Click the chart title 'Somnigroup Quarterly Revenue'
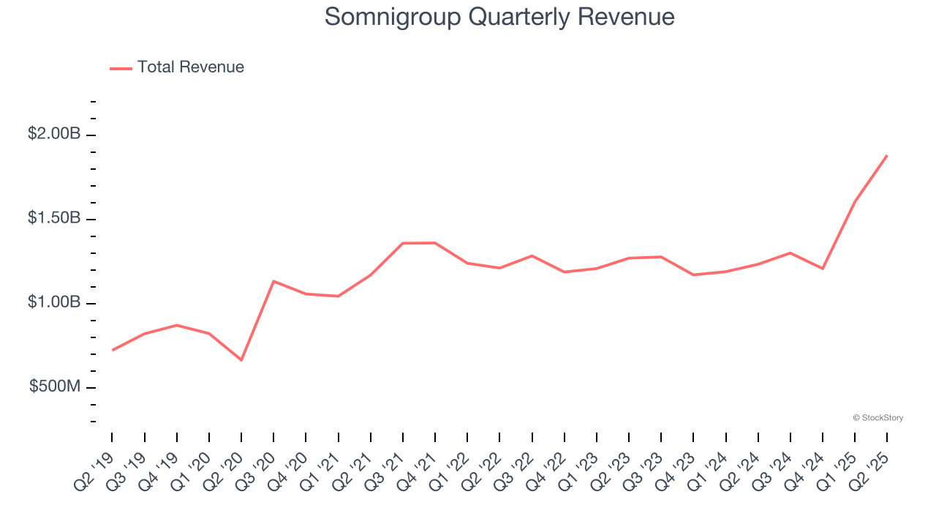click(499, 17)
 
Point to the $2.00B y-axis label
click(54, 134)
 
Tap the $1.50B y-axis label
click(54, 218)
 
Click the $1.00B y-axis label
click(54, 302)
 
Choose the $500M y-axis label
click(55, 386)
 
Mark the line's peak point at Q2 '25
click(887, 155)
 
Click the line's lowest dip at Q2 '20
click(241, 360)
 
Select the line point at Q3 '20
click(273, 281)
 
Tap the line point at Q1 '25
click(855, 202)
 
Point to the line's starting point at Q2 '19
click(112, 351)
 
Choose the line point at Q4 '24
click(823, 269)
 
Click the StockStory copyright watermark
click(877, 418)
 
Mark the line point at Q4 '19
click(177, 325)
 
